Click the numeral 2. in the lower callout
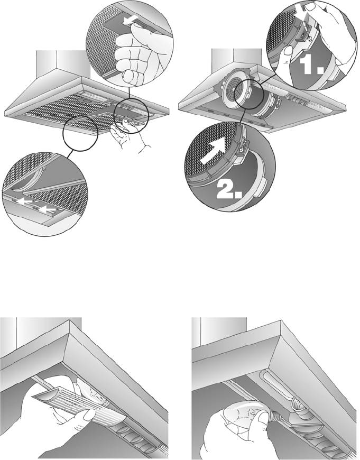229,190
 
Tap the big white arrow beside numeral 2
214,153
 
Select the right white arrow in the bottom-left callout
47,209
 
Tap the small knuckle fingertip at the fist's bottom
130,76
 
